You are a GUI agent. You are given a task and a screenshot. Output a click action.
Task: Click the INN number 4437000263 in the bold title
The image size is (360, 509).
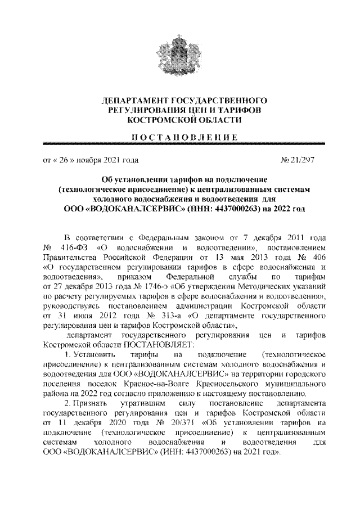coord(228,209)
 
